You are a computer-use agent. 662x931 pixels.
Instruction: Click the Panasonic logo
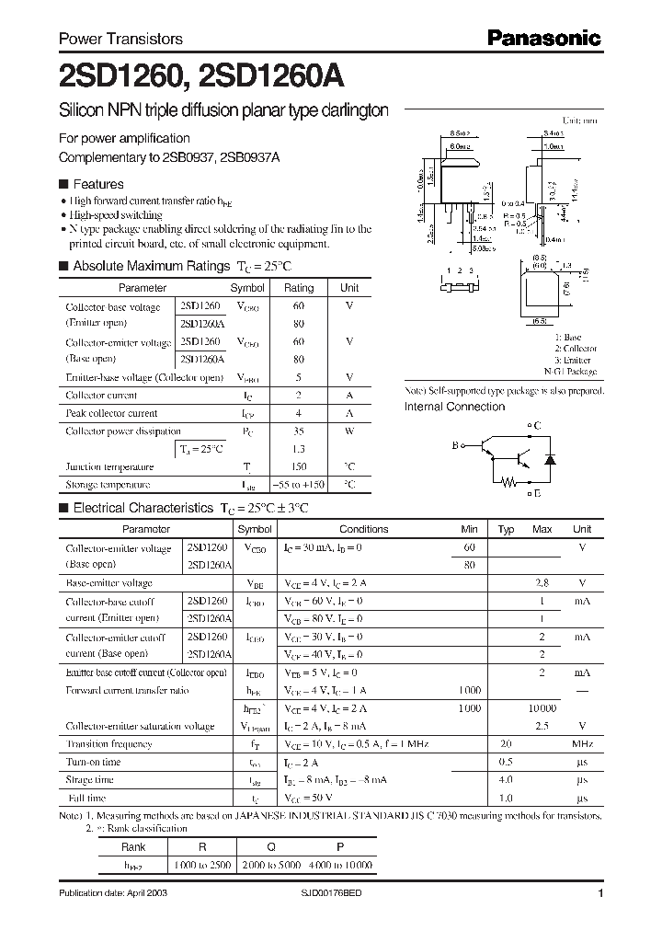click(542, 38)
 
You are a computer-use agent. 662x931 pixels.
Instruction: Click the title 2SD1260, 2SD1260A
click(202, 75)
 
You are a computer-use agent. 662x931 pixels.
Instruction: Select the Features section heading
click(97, 184)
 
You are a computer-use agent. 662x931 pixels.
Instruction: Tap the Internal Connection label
click(454, 407)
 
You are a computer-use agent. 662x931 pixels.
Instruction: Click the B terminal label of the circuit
click(454, 445)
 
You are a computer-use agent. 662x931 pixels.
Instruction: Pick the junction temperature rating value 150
click(298, 466)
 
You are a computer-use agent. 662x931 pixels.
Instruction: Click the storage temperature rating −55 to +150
click(298, 484)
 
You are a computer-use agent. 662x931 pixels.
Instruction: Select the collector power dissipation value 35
click(298, 431)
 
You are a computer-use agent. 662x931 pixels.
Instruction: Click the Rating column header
click(298, 288)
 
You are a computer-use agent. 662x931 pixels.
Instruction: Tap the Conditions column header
click(363, 529)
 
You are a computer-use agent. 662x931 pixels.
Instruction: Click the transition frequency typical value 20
click(505, 743)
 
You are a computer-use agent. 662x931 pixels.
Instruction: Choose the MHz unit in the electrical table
click(581, 743)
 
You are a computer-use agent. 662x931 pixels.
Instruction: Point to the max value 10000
click(542, 708)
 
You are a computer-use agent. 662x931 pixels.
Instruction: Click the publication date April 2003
click(113, 893)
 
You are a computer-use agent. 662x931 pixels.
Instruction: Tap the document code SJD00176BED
click(337, 893)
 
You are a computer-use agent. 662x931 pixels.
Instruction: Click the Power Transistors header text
click(120, 39)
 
